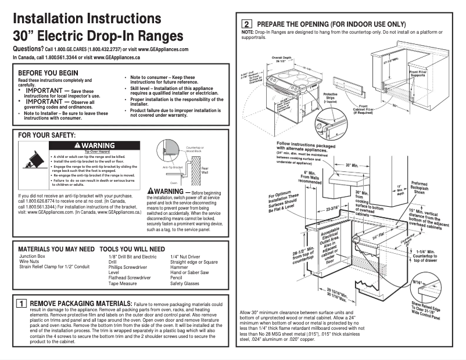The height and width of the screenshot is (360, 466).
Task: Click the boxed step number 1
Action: point(20,304)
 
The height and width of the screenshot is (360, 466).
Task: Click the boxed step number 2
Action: point(246,24)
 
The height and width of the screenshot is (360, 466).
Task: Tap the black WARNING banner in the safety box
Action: point(95,145)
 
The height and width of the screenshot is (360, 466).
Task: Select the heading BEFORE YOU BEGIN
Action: point(48,72)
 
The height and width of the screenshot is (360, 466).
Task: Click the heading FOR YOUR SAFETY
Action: point(48,135)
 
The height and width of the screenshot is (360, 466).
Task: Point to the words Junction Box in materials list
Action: point(33,256)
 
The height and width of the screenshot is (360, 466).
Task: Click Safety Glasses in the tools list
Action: point(184,283)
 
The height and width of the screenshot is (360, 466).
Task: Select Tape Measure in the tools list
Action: point(123,283)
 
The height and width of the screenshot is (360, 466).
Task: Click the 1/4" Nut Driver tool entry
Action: point(185,256)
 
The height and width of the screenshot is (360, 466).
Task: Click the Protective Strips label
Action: point(330,97)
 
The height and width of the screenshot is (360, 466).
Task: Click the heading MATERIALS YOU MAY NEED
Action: point(56,248)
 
